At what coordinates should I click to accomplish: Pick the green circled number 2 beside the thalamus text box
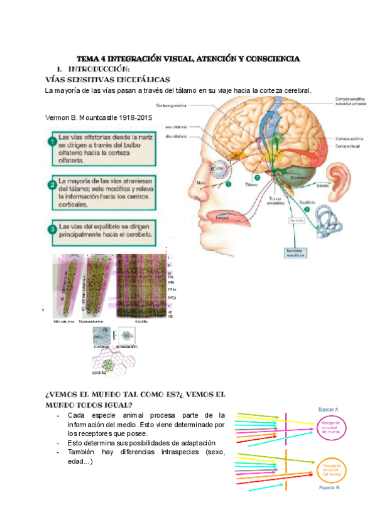pyautogui.click(x=50, y=185)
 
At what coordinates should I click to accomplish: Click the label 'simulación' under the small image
pyautogui.click(x=126, y=346)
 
